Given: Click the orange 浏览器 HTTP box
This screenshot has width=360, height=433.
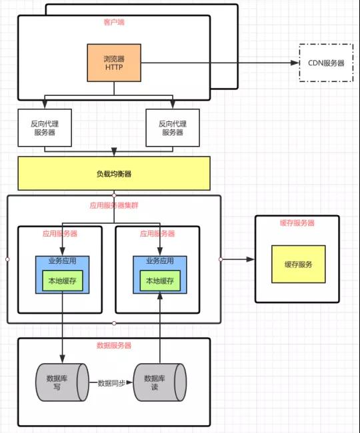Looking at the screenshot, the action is point(114,63).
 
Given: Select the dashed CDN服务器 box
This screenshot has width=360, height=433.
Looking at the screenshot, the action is point(326,63).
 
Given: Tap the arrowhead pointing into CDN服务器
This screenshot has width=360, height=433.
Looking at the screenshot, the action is point(295,63).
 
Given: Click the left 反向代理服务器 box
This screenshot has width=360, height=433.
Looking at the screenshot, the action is point(45,128).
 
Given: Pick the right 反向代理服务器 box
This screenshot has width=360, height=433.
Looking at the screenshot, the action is point(173,128).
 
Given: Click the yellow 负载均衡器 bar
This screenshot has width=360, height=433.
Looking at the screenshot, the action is point(114,173).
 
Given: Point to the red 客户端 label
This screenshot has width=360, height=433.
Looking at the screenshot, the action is point(114,22).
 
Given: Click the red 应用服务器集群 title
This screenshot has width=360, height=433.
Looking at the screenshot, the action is point(114,205).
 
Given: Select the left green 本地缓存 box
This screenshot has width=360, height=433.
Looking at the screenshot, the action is point(63,281).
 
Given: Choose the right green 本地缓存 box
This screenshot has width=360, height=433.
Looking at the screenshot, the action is point(160,281).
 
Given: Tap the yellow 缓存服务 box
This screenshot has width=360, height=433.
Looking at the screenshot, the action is point(299,264).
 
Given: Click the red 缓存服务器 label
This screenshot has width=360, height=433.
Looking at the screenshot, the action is point(297,223).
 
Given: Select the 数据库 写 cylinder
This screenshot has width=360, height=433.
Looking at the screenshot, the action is point(62,382).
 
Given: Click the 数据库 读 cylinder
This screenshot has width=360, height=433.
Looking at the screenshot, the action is point(160,382).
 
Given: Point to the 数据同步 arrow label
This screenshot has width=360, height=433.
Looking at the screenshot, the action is point(111,383).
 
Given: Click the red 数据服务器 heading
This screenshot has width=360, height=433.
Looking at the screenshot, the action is point(114,346).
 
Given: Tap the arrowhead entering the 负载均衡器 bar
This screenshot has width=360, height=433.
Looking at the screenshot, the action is point(114,152).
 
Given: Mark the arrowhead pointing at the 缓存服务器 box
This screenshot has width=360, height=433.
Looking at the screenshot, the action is point(250,259).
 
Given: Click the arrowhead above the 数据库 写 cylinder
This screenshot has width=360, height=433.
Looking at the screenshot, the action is point(62,359).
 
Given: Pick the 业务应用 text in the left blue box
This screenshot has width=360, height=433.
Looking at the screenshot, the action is point(63,260).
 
